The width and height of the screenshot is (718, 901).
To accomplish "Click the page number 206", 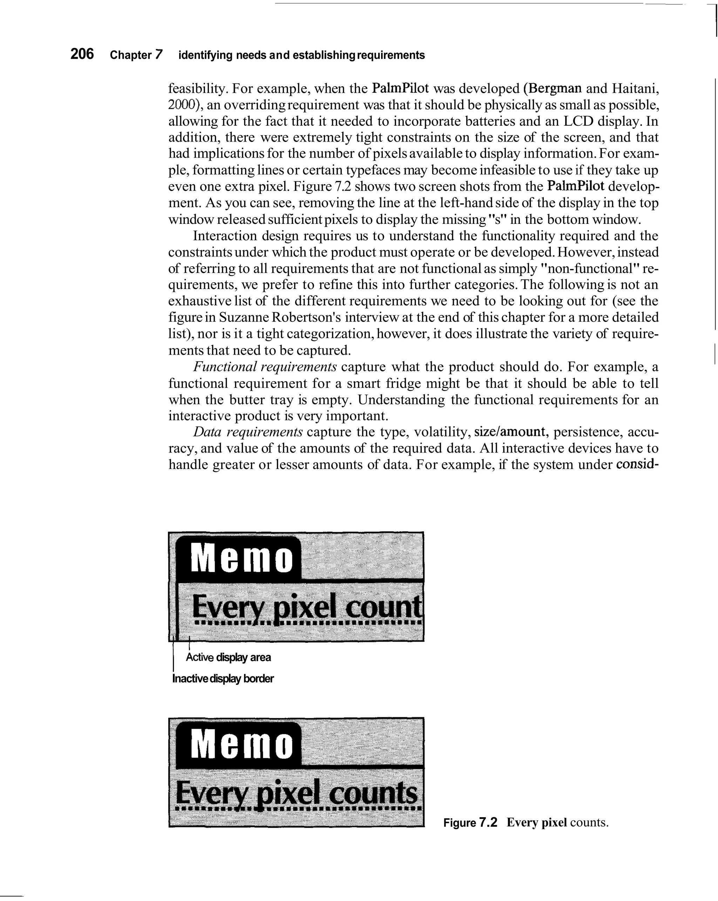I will point(82,54).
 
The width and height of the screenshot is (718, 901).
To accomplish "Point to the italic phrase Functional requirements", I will point(265,367).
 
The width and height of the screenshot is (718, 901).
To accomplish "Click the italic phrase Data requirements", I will point(248,432).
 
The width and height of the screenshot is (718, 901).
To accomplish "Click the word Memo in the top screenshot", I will point(242,559).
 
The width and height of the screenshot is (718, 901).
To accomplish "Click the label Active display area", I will point(228,658).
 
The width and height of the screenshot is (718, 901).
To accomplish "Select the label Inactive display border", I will point(223,679).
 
